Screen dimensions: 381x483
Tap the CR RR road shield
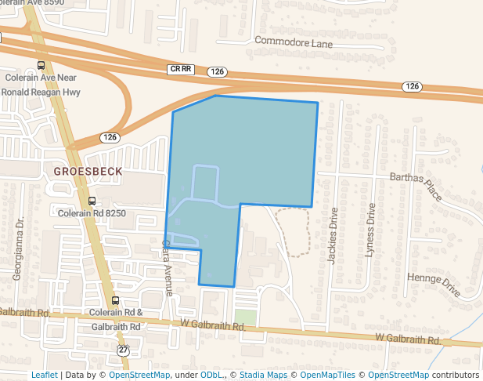(x=180, y=69)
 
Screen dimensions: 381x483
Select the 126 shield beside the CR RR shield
(x=218, y=71)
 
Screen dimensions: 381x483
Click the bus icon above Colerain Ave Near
(x=41, y=66)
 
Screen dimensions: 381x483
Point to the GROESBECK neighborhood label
(x=84, y=170)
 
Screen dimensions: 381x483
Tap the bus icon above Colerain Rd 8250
(x=92, y=201)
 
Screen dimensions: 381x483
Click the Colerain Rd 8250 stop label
(x=92, y=212)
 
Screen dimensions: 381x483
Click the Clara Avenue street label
(x=168, y=267)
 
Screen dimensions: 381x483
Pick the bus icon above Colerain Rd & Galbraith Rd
(x=116, y=300)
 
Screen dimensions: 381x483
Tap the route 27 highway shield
(x=123, y=349)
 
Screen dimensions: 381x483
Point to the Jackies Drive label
(x=334, y=236)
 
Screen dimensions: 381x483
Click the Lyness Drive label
(x=370, y=230)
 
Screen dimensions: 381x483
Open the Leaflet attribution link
(x=45, y=375)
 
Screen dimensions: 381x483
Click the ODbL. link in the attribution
(x=211, y=375)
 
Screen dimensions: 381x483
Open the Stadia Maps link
(x=263, y=375)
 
